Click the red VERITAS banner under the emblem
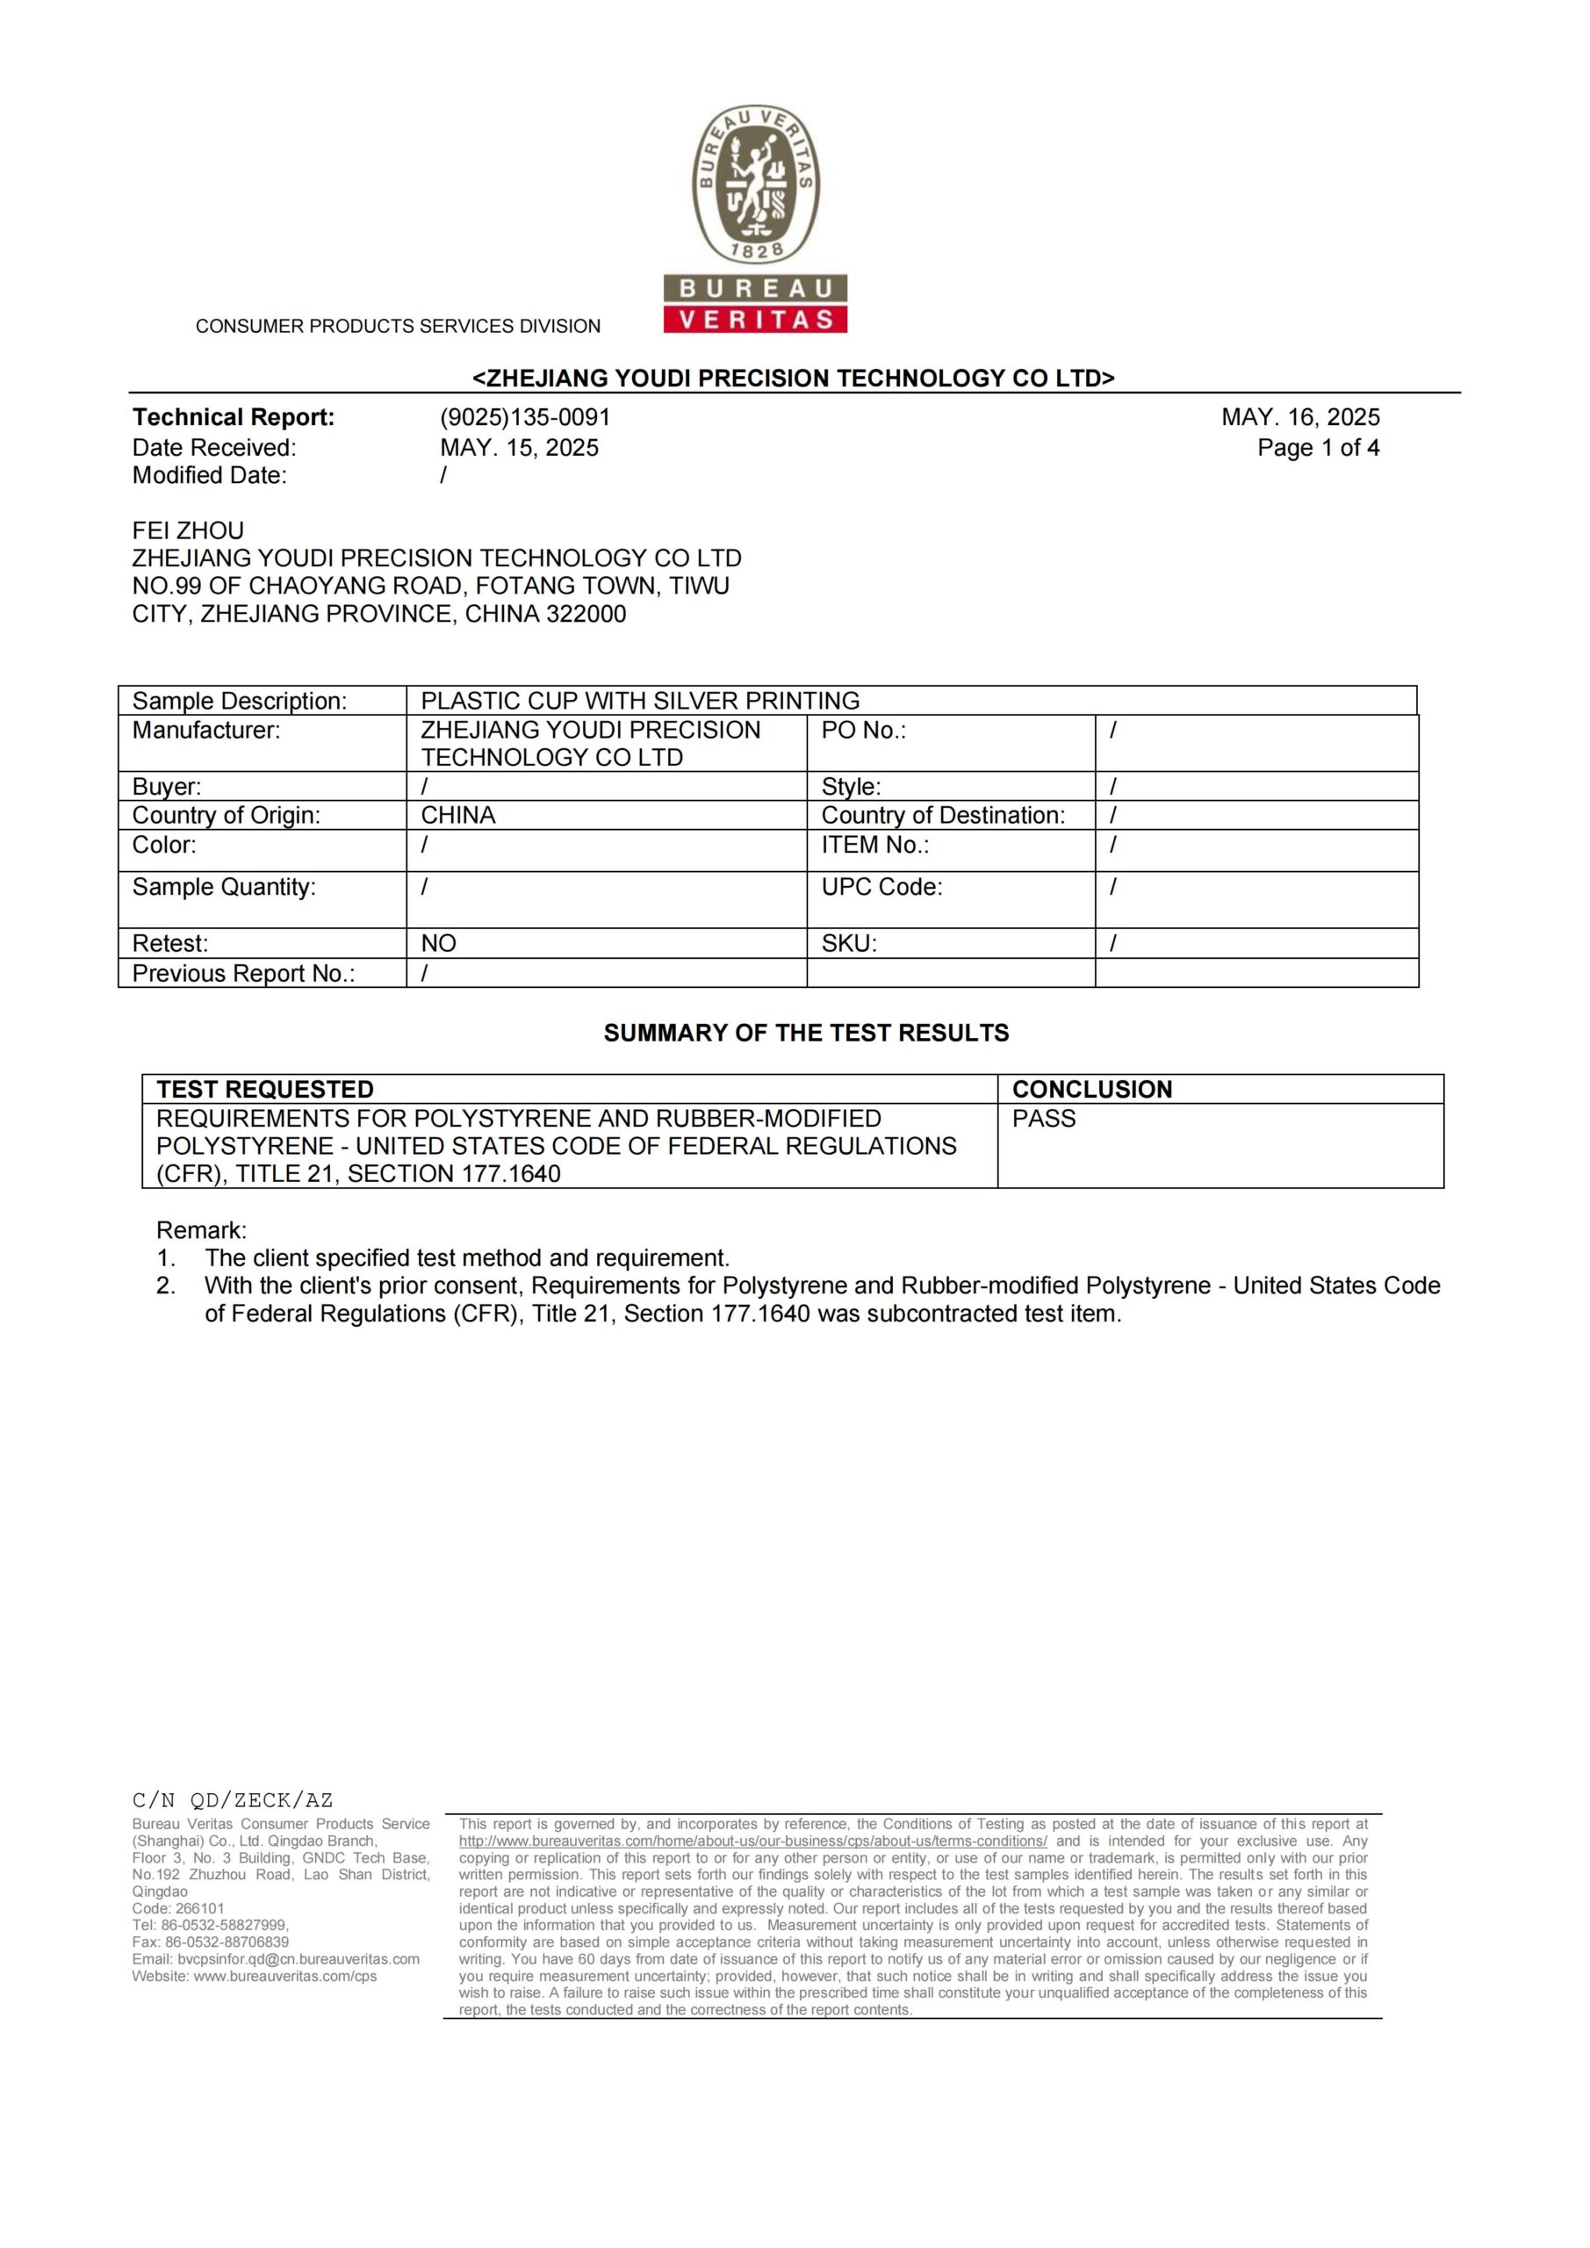pyautogui.click(x=755, y=319)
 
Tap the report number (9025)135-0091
pyautogui.click(x=525, y=417)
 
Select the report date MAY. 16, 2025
pyautogui.click(x=1300, y=417)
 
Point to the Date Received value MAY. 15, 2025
pyautogui.click(x=519, y=448)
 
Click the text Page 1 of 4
pyautogui.click(x=1318, y=448)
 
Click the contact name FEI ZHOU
pyautogui.click(x=188, y=530)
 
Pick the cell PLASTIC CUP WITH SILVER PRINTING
pyautogui.click(x=639, y=701)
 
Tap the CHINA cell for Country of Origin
pyautogui.click(x=458, y=816)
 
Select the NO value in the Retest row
pyautogui.click(x=439, y=943)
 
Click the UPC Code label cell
pyautogui.click(x=881, y=887)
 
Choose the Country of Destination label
pyautogui.click(x=943, y=816)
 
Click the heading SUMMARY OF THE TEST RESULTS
pyautogui.click(x=806, y=1033)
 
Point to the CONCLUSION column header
pyautogui.click(x=1091, y=1089)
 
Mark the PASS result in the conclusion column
pyautogui.click(x=1044, y=1118)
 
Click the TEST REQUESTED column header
pyautogui.click(x=265, y=1089)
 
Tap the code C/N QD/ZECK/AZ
pyautogui.click(x=233, y=1799)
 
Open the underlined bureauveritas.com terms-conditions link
pyautogui.click(x=753, y=1841)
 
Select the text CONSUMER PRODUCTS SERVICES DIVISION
pyautogui.click(x=398, y=326)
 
